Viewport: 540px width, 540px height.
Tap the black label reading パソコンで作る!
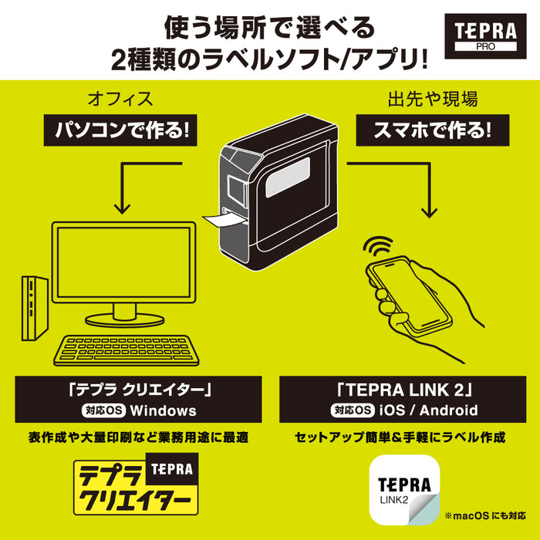pos(120,129)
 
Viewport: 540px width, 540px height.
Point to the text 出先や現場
pos(422,99)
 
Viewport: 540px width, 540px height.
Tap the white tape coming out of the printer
pos(224,221)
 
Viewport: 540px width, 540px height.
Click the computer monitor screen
pos(123,262)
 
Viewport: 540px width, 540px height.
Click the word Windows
pos(164,411)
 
